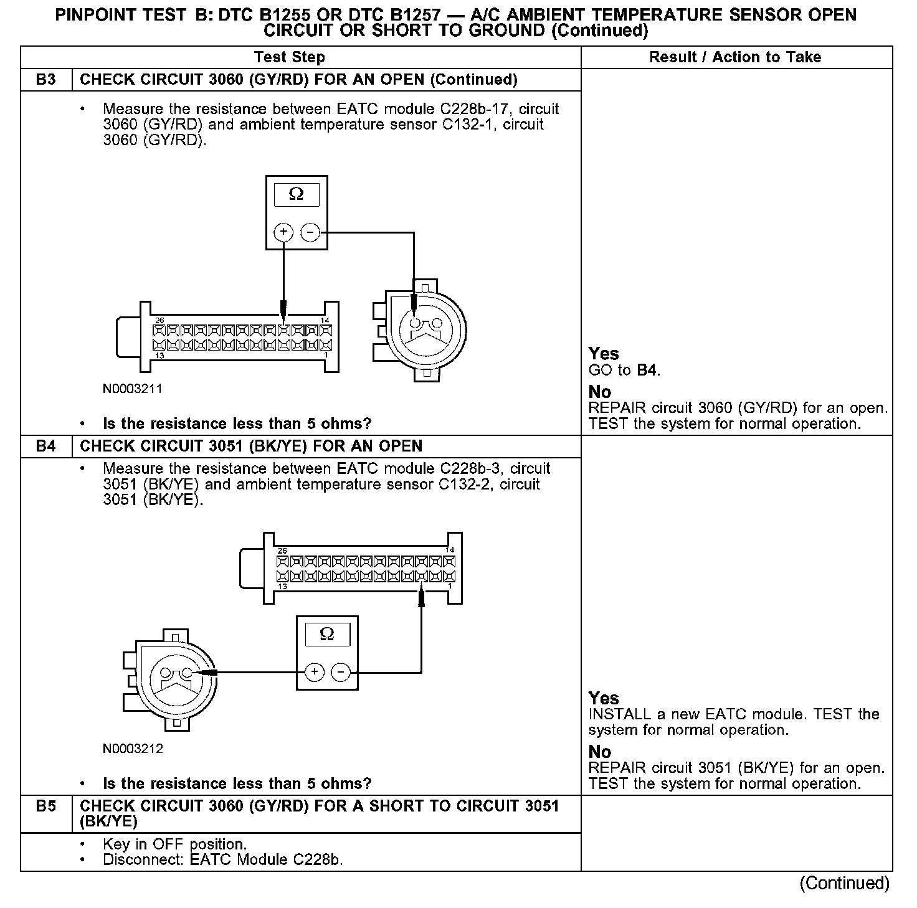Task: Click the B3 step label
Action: tap(45, 80)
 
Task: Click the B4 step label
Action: tap(45, 447)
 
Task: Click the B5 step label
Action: tap(45, 806)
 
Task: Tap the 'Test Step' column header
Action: tap(290, 57)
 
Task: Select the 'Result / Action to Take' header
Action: tap(735, 57)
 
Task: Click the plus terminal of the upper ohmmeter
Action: tap(283, 233)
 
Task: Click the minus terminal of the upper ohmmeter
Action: tap(310, 233)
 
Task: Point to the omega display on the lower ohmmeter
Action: tap(326, 635)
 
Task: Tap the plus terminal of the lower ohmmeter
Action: tap(314, 672)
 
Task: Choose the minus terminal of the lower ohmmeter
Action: tap(341, 672)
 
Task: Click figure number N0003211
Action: tap(133, 389)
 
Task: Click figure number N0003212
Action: tap(133, 749)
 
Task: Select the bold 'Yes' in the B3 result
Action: tap(604, 354)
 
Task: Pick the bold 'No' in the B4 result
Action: tap(600, 752)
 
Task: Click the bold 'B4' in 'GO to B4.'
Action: tap(648, 371)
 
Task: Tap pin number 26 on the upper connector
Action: tap(159, 320)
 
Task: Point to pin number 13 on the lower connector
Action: tap(282, 587)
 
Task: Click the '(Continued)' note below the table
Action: tap(845, 883)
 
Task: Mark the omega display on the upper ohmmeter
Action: tap(297, 195)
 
